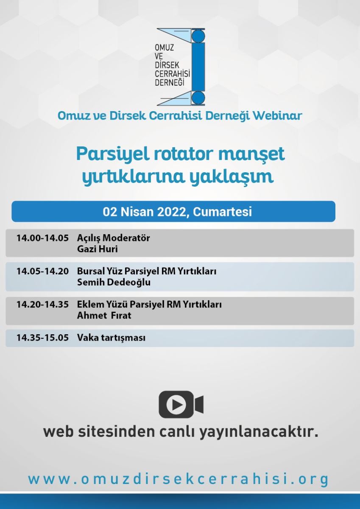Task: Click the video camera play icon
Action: pyautogui.click(x=181, y=405)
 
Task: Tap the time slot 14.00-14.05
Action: pyautogui.click(x=42, y=238)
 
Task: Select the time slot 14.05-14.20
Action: pyautogui.click(x=42, y=271)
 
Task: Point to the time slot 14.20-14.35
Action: pyautogui.click(x=42, y=304)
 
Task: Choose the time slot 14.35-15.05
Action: pyautogui.click(x=42, y=338)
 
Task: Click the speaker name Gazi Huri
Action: pyautogui.click(x=98, y=249)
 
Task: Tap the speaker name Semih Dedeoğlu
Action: pyautogui.click(x=114, y=282)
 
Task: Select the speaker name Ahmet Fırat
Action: pyautogui.click(x=104, y=316)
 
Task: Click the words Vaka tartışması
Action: pyautogui.click(x=111, y=338)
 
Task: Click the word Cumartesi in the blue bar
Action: pyautogui.click(x=222, y=212)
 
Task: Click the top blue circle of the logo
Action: pyautogui.click(x=198, y=36)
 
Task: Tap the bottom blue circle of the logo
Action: pyautogui.click(x=198, y=98)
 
